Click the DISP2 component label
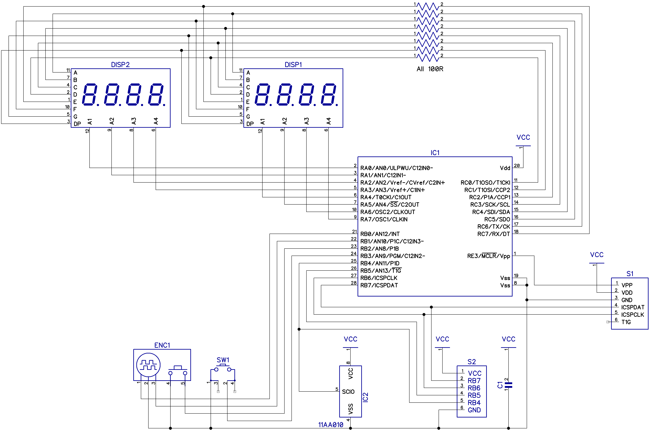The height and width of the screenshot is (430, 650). coord(120,64)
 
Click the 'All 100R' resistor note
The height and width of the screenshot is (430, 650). coord(430,69)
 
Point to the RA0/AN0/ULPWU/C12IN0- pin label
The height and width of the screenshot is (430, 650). coord(396,168)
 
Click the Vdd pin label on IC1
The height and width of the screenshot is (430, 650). coord(505,168)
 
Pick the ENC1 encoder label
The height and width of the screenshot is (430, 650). coord(162,345)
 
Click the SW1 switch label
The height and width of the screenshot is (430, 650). coord(223,360)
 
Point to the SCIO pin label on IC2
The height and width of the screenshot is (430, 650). coord(348,392)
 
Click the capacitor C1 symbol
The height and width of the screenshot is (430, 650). coord(509,385)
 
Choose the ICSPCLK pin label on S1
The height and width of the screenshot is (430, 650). coord(632,314)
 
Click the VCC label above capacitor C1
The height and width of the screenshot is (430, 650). coord(509,339)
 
